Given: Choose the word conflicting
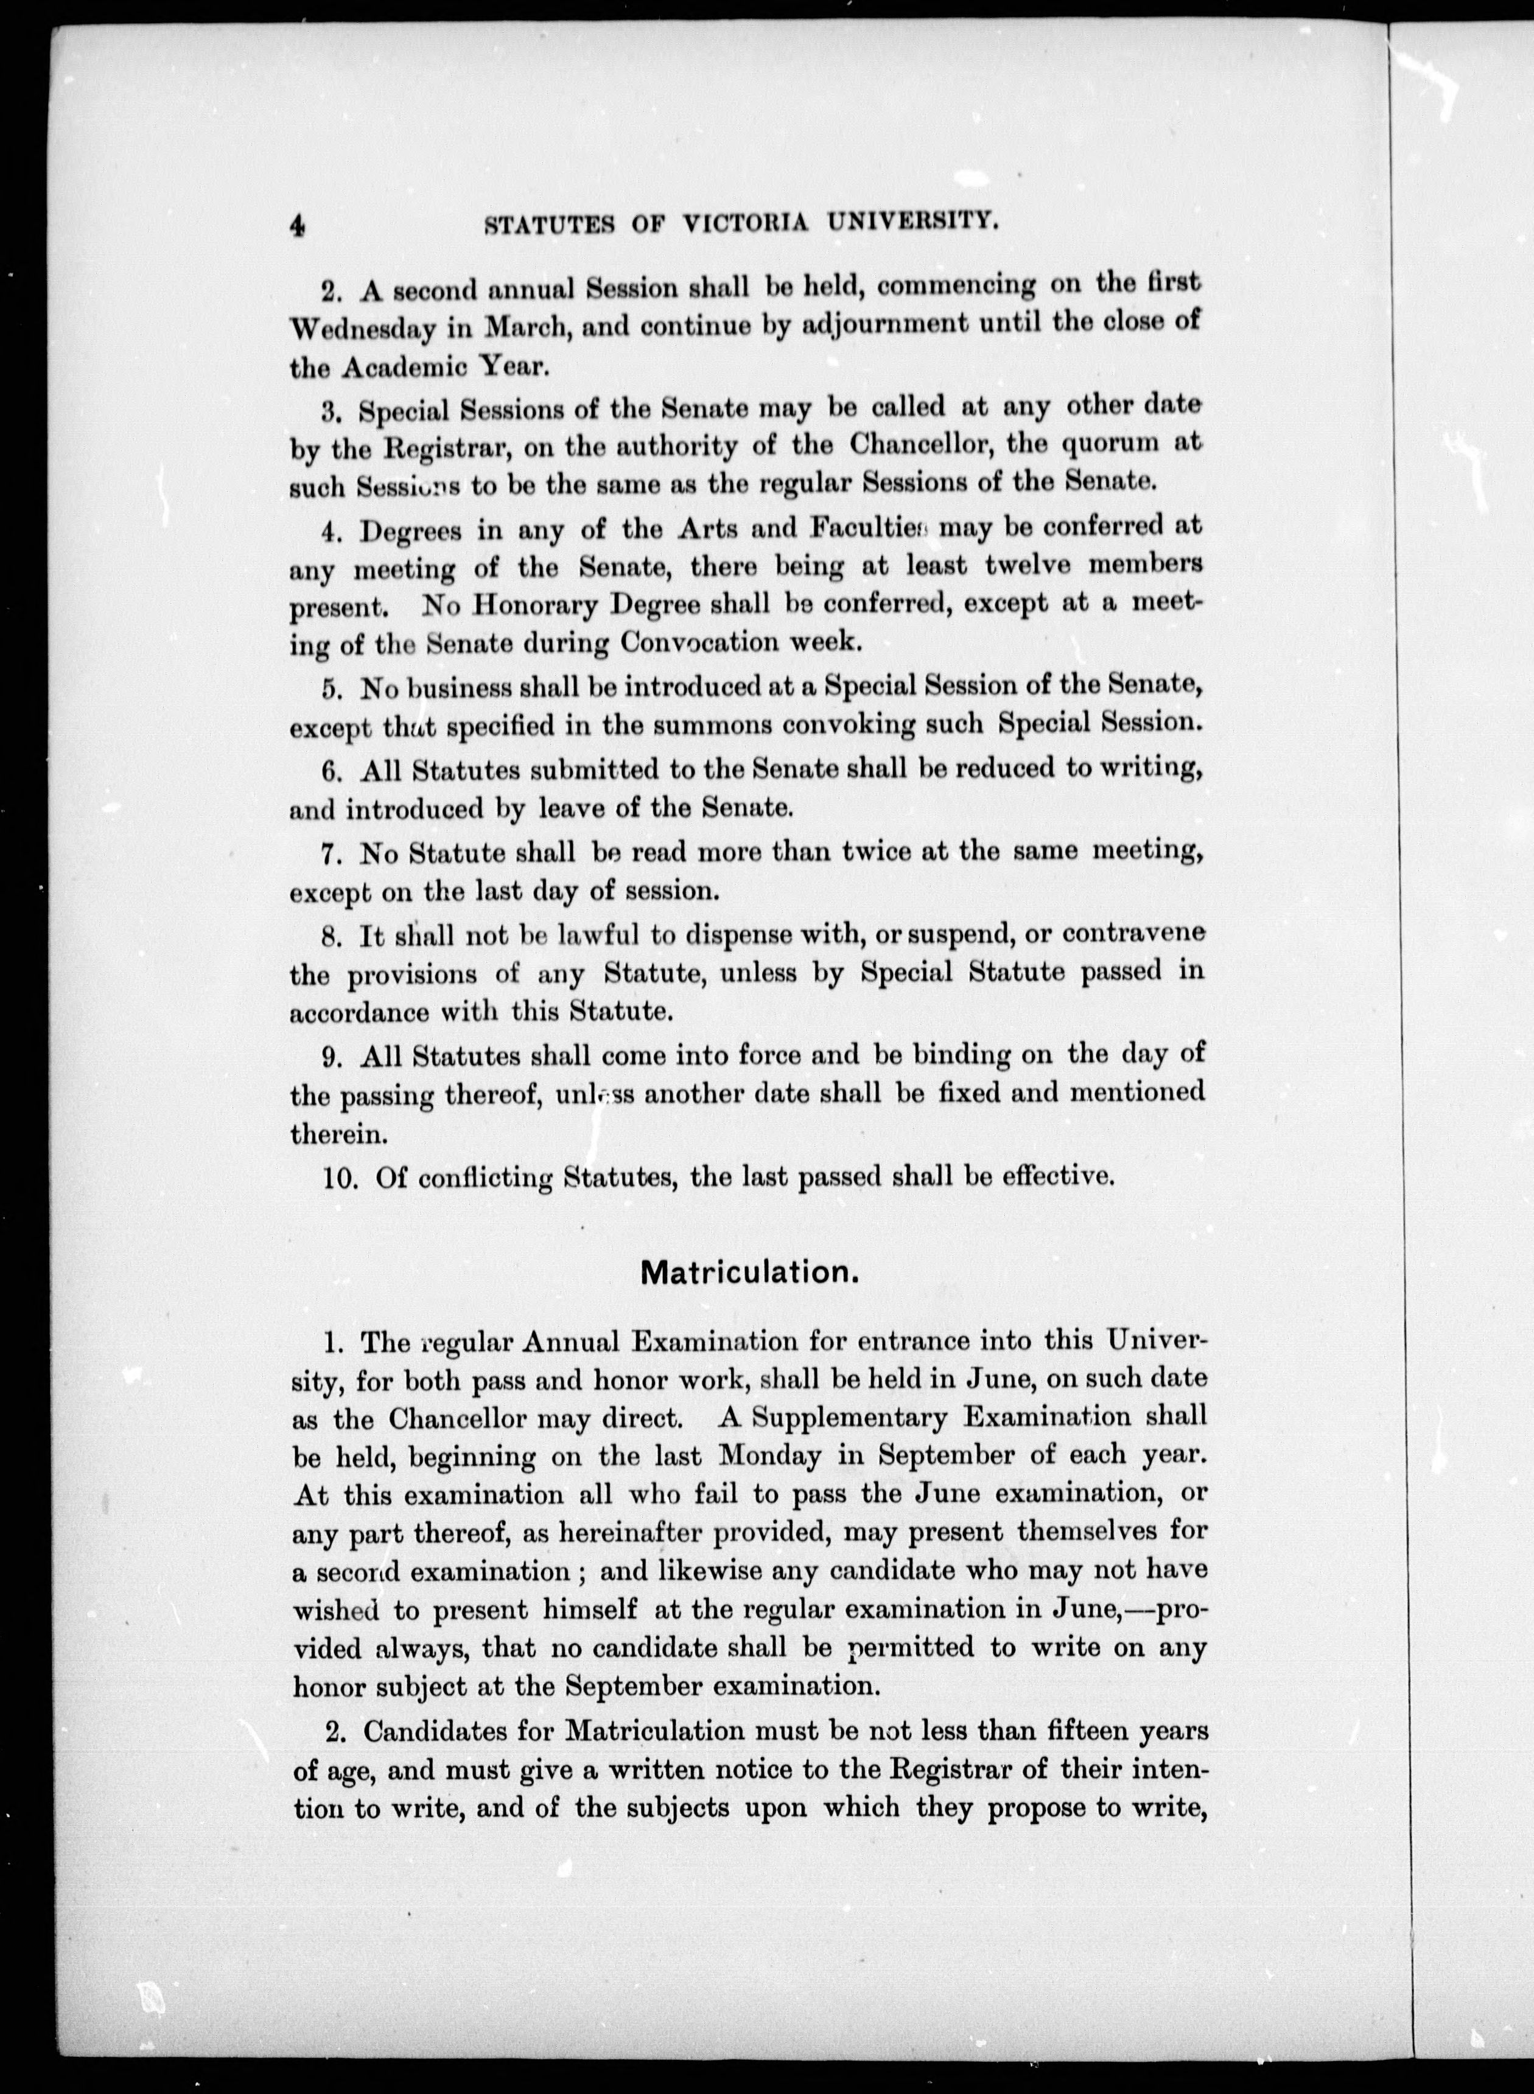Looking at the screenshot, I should (x=485, y=1177).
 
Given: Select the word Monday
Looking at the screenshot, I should (x=771, y=1456).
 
